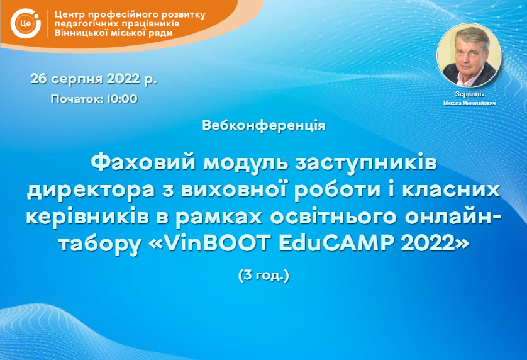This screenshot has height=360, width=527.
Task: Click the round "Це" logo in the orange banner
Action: pyautogui.click(x=26, y=23)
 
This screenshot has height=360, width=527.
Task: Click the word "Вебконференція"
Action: pyautogui.click(x=264, y=125)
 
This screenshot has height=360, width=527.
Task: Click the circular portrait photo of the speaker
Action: pyautogui.click(x=469, y=55)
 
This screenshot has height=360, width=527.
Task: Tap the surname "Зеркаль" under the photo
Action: pyautogui.click(x=469, y=94)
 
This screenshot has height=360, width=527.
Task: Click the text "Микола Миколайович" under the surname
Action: pyautogui.click(x=469, y=103)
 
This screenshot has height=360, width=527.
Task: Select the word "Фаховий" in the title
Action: pyautogui.click(x=143, y=163)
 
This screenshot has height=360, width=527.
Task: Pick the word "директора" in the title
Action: pyautogui.click(x=91, y=191)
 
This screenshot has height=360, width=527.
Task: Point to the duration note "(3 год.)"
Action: pyautogui.click(x=264, y=275)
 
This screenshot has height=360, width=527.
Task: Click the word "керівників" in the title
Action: pyautogui.click(x=87, y=218)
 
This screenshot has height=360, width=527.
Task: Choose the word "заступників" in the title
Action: pyautogui.click(x=366, y=164)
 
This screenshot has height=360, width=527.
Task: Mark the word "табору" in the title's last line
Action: pyautogui.click(x=100, y=244)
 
